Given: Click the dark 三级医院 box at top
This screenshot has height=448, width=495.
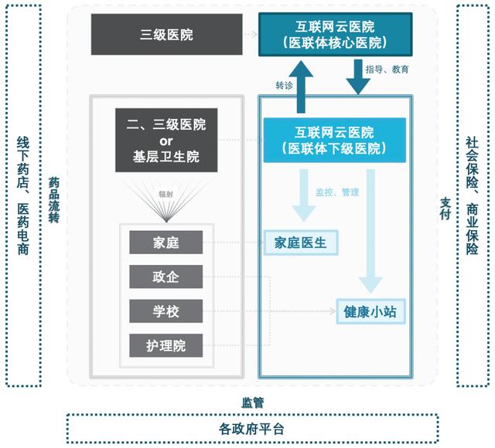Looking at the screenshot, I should click(x=166, y=34).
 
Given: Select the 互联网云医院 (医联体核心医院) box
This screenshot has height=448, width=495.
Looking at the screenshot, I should click(x=335, y=34).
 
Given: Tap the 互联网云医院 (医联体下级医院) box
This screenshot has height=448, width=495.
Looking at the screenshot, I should click(x=334, y=140).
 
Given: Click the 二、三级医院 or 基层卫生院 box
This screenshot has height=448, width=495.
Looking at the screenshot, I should click(x=166, y=140).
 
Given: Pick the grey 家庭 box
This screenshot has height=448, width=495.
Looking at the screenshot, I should click(x=166, y=243).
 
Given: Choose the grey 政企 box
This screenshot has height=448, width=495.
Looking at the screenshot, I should click(x=166, y=277).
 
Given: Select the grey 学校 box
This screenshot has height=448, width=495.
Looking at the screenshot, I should click(x=166, y=311).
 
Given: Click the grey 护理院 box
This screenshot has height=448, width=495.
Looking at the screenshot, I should click(x=166, y=344).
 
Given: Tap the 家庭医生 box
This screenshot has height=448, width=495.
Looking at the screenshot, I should click(x=301, y=243).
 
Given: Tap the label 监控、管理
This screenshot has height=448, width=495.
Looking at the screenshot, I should click(x=336, y=192).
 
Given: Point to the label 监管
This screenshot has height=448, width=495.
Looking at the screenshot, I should click(x=252, y=402).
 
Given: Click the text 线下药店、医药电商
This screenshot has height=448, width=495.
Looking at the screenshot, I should click(x=23, y=196).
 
